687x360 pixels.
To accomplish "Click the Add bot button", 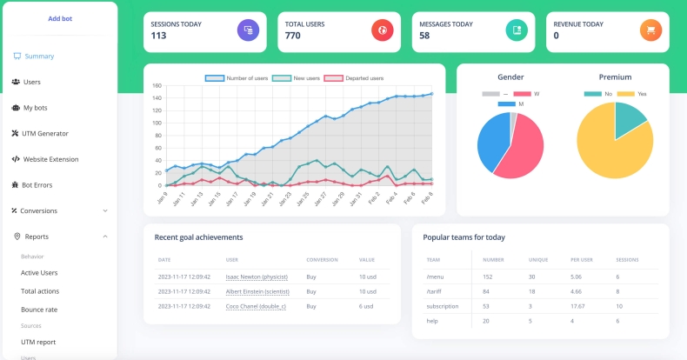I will click(60, 18).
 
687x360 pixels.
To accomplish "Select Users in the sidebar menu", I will click(31, 82).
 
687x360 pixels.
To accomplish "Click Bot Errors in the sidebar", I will click(37, 184).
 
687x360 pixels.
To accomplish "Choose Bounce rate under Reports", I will click(39, 309).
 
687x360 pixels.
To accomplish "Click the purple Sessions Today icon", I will click(248, 30).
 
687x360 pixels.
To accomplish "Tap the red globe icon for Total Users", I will click(382, 30).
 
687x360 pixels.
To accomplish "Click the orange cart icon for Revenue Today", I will click(650, 30).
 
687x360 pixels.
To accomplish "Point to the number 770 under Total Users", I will click(293, 36).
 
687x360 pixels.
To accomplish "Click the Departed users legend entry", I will click(354, 78).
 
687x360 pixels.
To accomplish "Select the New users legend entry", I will click(296, 78).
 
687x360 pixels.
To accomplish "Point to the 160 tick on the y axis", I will click(157, 86).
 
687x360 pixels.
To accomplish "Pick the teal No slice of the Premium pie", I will click(630, 122).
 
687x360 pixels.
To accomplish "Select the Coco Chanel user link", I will click(256, 306).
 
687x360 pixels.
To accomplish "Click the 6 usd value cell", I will click(367, 306).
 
